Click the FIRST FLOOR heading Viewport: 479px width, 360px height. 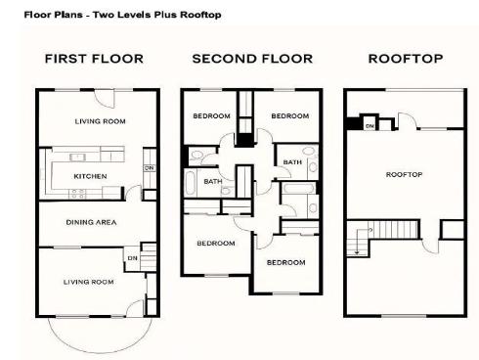(x=94, y=59)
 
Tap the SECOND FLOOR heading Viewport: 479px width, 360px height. (x=252, y=59)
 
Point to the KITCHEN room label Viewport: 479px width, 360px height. (x=90, y=176)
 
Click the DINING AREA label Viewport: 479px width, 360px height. (x=91, y=222)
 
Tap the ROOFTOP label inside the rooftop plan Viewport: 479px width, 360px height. (x=404, y=175)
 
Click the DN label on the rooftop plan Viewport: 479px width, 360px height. (x=370, y=126)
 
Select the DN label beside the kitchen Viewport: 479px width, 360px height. (x=150, y=168)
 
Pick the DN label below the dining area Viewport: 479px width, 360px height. (x=133, y=258)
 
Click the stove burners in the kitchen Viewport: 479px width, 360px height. (x=77, y=194)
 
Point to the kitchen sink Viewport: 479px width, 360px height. (x=77, y=157)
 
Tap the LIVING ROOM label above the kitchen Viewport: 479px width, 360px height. (x=101, y=121)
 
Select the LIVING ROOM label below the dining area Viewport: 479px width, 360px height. (x=89, y=282)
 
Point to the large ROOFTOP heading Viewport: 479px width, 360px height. (x=406, y=59)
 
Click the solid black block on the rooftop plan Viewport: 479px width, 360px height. (x=353, y=123)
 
